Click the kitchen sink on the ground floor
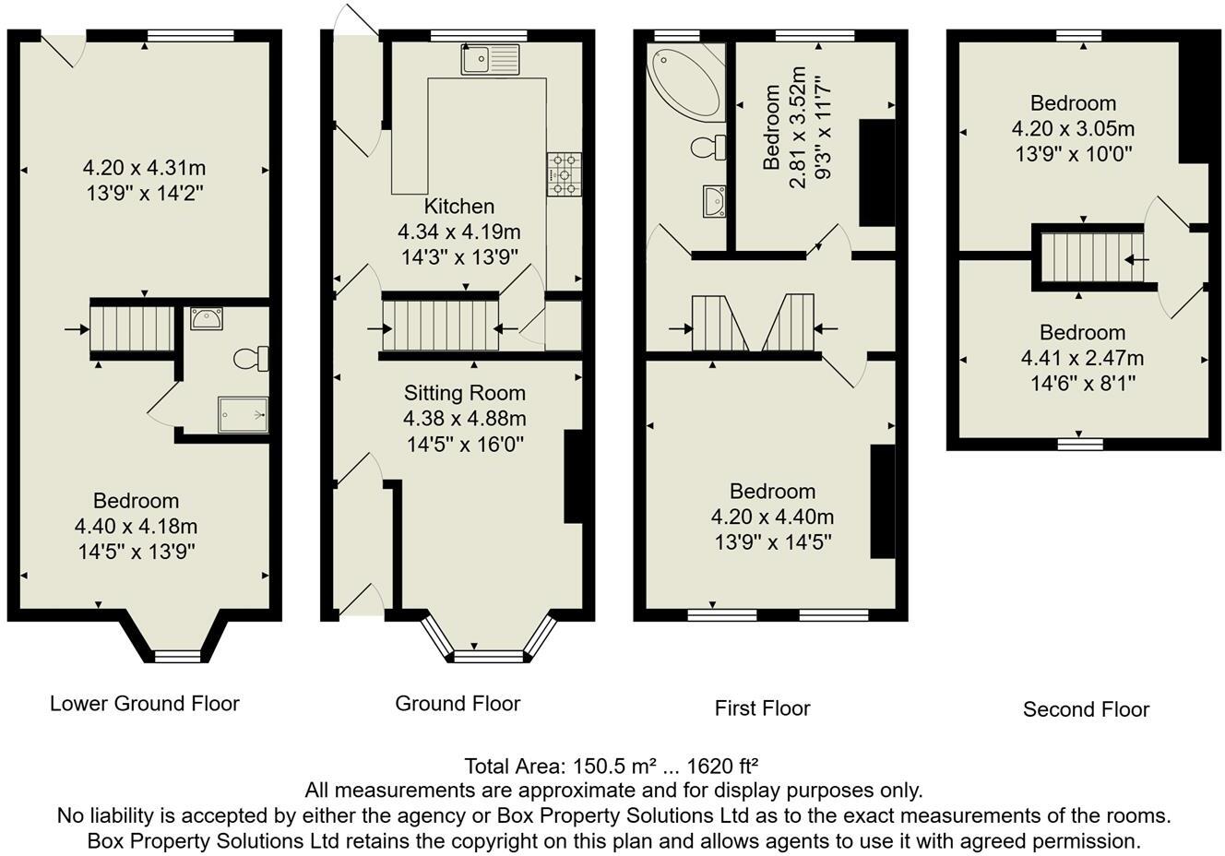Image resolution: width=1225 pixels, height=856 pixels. [x=490, y=59]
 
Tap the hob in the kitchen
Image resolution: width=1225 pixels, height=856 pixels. [x=564, y=174]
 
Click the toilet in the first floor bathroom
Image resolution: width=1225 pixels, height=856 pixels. [x=708, y=148]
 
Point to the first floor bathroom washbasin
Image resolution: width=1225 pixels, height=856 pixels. [x=714, y=201]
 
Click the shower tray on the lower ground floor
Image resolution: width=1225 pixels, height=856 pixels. [x=243, y=414]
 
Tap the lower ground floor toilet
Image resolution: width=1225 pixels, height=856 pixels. [x=251, y=359]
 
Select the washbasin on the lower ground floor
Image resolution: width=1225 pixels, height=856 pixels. [x=207, y=318]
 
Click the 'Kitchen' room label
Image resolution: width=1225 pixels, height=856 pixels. [x=458, y=207]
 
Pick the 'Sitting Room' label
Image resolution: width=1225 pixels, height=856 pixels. [x=465, y=393]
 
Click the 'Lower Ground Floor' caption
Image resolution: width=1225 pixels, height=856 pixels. [x=145, y=704]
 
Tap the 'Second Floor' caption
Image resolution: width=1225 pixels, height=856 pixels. [x=1086, y=708]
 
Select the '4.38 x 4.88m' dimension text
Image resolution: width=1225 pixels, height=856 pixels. [x=465, y=419]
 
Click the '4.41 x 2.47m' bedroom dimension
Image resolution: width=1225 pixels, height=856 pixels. [x=1082, y=358]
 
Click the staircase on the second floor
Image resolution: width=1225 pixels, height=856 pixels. [x=1092, y=257]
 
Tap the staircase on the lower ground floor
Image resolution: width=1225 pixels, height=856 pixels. [x=132, y=328]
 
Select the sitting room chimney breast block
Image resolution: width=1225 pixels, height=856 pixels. [x=573, y=476]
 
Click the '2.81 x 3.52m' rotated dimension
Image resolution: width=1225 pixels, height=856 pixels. [x=798, y=127]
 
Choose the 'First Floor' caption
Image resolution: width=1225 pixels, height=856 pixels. [x=762, y=708]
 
